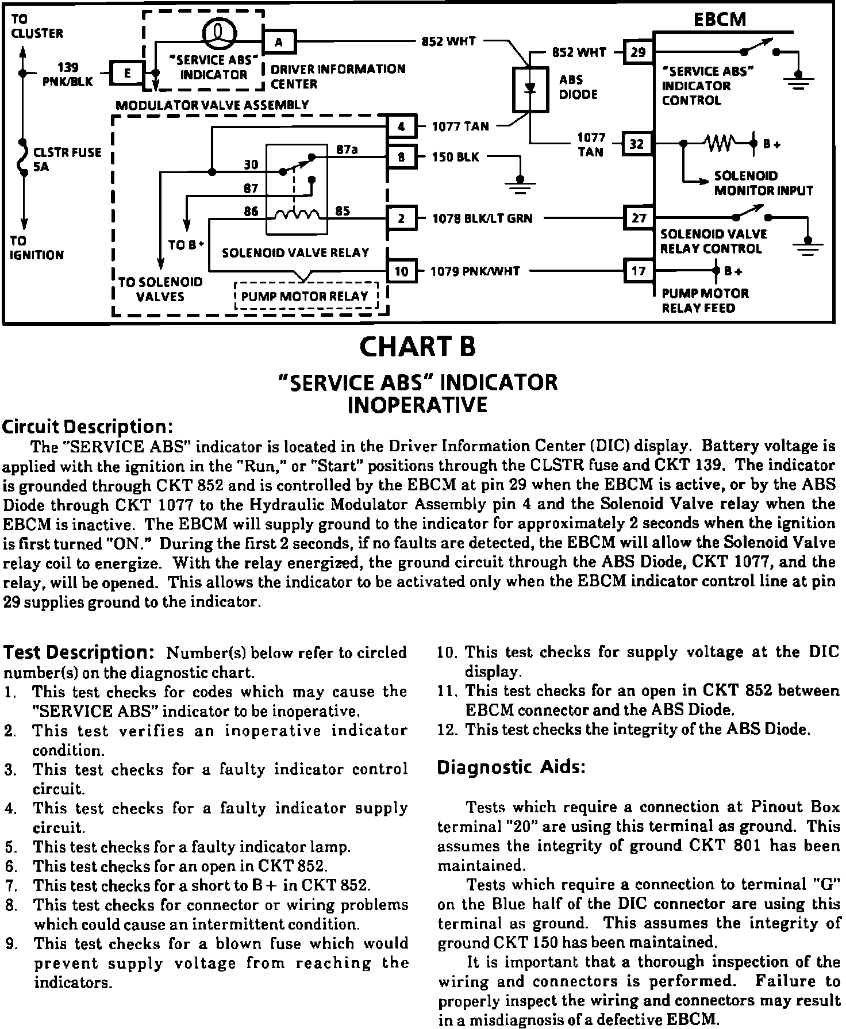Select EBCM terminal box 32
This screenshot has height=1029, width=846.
(637, 144)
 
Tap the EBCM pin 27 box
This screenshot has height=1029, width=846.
(639, 218)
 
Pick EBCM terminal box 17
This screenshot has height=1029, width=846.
(639, 271)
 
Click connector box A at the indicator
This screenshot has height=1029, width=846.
(279, 41)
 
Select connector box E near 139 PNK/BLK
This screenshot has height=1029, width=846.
(127, 73)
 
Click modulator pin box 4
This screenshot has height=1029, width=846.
(401, 126)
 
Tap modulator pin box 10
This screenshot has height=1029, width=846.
(401, 271)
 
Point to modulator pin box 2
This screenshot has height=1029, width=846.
(401, 218)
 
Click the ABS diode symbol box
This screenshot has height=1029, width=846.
(530, 90)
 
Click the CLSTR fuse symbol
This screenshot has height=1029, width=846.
(24, 156)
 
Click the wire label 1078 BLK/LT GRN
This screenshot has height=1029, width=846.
(482, 218)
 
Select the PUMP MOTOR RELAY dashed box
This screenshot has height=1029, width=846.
(307, 296)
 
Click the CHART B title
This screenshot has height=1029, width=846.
(417, 346)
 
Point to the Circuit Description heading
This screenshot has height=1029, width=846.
(88, 427)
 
